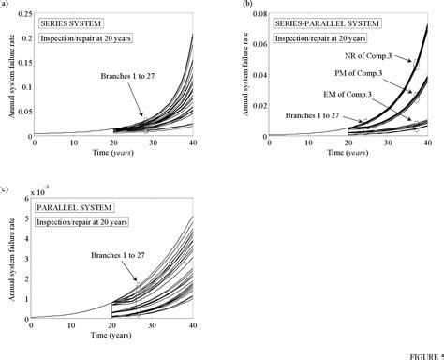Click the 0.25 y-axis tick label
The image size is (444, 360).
coord(21,14)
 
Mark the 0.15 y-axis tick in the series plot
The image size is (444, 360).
coord(21,62)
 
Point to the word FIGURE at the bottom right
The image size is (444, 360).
coord(425,355)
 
